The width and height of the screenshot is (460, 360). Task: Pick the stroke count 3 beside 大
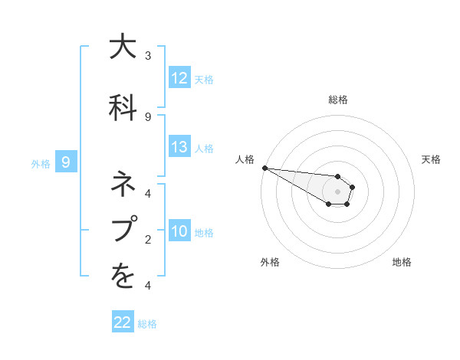pos(148,56)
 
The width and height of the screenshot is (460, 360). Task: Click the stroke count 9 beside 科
pos(148,116)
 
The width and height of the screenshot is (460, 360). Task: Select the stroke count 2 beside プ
pos(148,240)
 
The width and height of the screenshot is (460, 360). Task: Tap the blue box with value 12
pos(179,78)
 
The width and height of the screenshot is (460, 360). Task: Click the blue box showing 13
pos(179,147)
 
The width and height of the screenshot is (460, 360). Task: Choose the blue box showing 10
pos(179,231)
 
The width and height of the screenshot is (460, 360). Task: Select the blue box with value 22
pos(123,322)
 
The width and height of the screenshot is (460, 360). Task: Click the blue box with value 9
pos(66,162)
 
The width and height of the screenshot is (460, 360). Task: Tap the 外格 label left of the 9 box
pos(40,162)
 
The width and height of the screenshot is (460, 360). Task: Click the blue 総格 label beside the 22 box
pos(147,324)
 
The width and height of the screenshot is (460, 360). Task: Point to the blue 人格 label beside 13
pos(204,148)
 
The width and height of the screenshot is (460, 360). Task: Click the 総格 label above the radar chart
pos(338,100)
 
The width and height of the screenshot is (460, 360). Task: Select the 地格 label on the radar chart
pos(402,262)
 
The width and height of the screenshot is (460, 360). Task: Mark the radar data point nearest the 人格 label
pos(264,168)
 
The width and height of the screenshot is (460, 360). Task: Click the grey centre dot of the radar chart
pos(338,191)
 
